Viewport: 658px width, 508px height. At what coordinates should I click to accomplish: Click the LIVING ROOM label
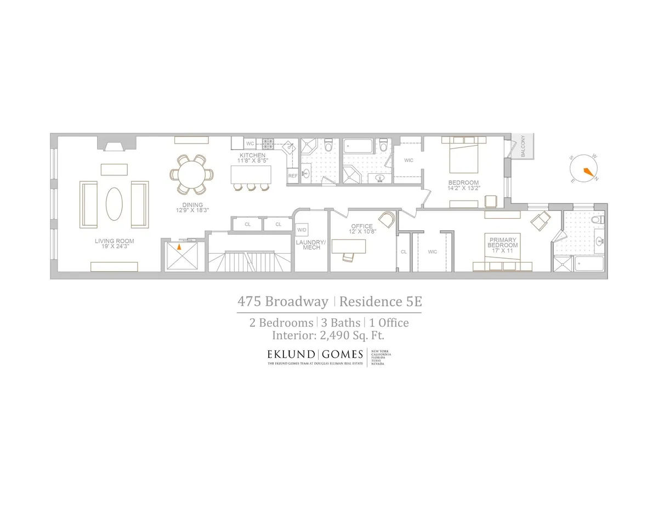pyautogui.click(x=114, y=241)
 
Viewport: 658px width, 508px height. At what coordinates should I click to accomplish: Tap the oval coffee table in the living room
pyautogui.click(x=114, y=204)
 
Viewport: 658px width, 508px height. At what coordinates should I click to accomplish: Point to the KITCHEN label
pyautogui.click(x=252, y=156)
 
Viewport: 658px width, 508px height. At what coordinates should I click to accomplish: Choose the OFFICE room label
pyautogui.click(x=362, y=226)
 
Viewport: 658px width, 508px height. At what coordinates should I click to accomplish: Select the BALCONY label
pyautogui.click(x=523, y=146)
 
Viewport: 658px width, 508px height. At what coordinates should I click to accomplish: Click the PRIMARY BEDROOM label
pyautogui.click(x=502, y=242)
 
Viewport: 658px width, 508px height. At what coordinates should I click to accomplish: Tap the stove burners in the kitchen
pyautogui.click(x=268, y=144)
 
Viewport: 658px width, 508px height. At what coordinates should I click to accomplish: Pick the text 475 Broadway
pyautogui.click(x=282, y=301)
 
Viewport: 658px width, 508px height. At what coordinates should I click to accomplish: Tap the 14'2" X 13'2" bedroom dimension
pyautogui.click(x=463, y=189)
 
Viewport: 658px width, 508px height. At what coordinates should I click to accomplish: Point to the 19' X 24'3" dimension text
pyautogui.click(x=114, y=247)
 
